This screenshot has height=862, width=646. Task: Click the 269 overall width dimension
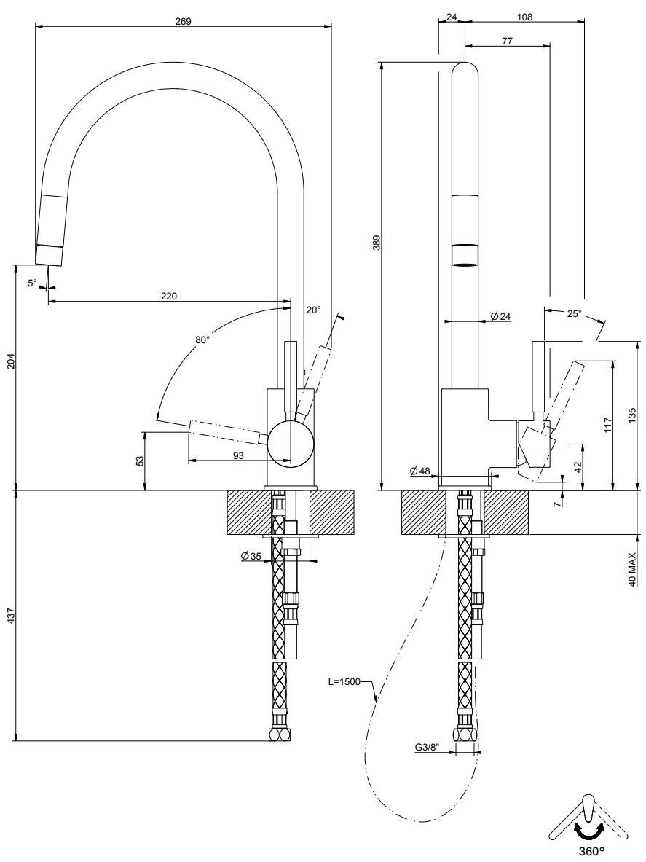pos(183,21)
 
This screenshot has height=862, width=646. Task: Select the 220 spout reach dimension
pos(168,296)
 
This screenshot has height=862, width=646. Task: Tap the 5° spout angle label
pos(32,283)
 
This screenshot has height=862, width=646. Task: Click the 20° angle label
pos(312,310)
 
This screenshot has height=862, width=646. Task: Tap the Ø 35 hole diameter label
pos(251,557)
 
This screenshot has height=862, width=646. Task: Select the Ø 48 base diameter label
pos(420,471)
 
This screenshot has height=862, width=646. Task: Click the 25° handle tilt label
pos(574,313)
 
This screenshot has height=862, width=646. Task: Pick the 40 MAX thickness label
pos(632,568)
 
